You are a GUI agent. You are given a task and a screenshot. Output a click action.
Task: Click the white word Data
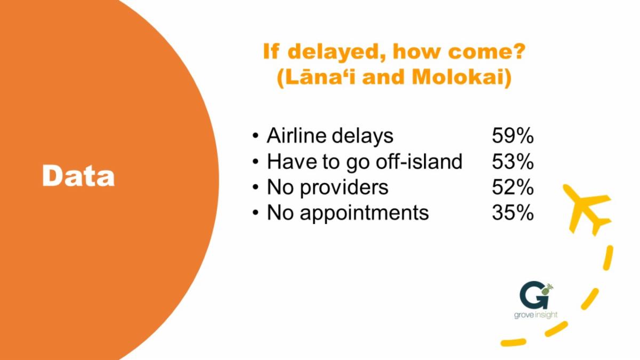pos(78,175)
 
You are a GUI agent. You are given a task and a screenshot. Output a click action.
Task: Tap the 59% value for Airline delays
pos(513,135)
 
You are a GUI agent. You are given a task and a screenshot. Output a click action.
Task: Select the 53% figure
pos(513,162)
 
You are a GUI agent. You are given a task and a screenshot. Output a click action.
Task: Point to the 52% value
pos(513,187)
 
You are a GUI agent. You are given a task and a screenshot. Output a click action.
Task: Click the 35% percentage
pos(513,213)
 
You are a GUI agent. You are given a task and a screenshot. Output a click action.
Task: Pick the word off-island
pos(419,161)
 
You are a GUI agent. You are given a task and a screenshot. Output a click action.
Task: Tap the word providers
pos(344,188)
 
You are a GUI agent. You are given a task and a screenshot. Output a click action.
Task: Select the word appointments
pos(364,214)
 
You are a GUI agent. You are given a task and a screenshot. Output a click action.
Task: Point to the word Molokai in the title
pos(458,77)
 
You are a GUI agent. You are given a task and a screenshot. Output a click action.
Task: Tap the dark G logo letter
pos(534,295)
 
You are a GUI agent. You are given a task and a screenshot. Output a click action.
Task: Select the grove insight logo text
pos(535,315)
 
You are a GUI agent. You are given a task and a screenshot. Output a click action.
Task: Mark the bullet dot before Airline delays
pos(255,136)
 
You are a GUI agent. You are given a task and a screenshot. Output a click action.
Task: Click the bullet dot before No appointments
pos(255,213)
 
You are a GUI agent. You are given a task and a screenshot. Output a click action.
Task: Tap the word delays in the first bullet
pos(362,137)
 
